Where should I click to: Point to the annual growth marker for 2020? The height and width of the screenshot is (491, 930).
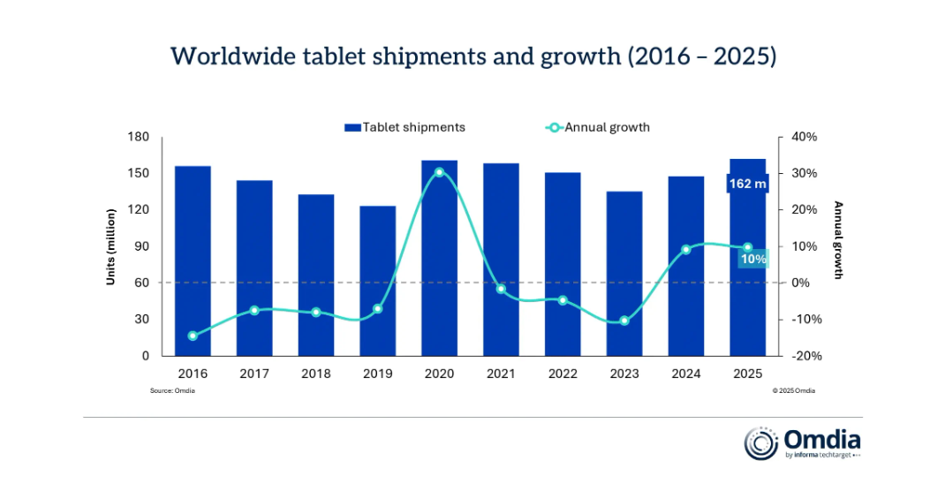[x=439, y=172]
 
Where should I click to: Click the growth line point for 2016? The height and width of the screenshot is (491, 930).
[x=193, y=336]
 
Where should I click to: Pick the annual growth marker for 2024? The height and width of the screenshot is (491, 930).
[x=685, y=250]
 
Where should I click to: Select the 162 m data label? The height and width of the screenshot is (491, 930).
[x=747, y=184]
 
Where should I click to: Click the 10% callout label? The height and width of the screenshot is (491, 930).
[x=753, y=258]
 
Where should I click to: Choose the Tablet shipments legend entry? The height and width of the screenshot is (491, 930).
[x=405, y=127]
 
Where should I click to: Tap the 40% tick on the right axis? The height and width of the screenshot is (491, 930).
[x=805, y=137]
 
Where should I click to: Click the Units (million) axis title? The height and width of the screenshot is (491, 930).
[x=112, y=246]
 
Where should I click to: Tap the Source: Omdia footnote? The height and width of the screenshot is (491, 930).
[x=172, y=390]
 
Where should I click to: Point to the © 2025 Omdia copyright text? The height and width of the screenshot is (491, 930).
[x=794, y=390]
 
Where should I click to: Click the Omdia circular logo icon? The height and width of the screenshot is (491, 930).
[x=761, y=443]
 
